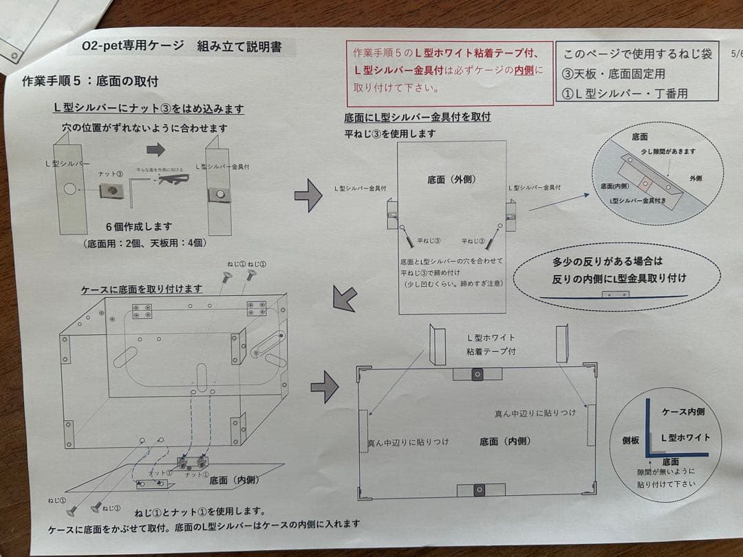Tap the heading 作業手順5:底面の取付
(x=90, y=81)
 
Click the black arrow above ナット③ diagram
(x=156, y=149)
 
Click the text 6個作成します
(x=139, y=226)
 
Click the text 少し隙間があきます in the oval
(x=668, y=151)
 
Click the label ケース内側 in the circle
(x=682, y=412)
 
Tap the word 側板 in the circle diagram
(x=632, y=439)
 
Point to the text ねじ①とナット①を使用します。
(x=200, y=511)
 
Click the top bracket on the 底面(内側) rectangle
(x=477, y=373)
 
